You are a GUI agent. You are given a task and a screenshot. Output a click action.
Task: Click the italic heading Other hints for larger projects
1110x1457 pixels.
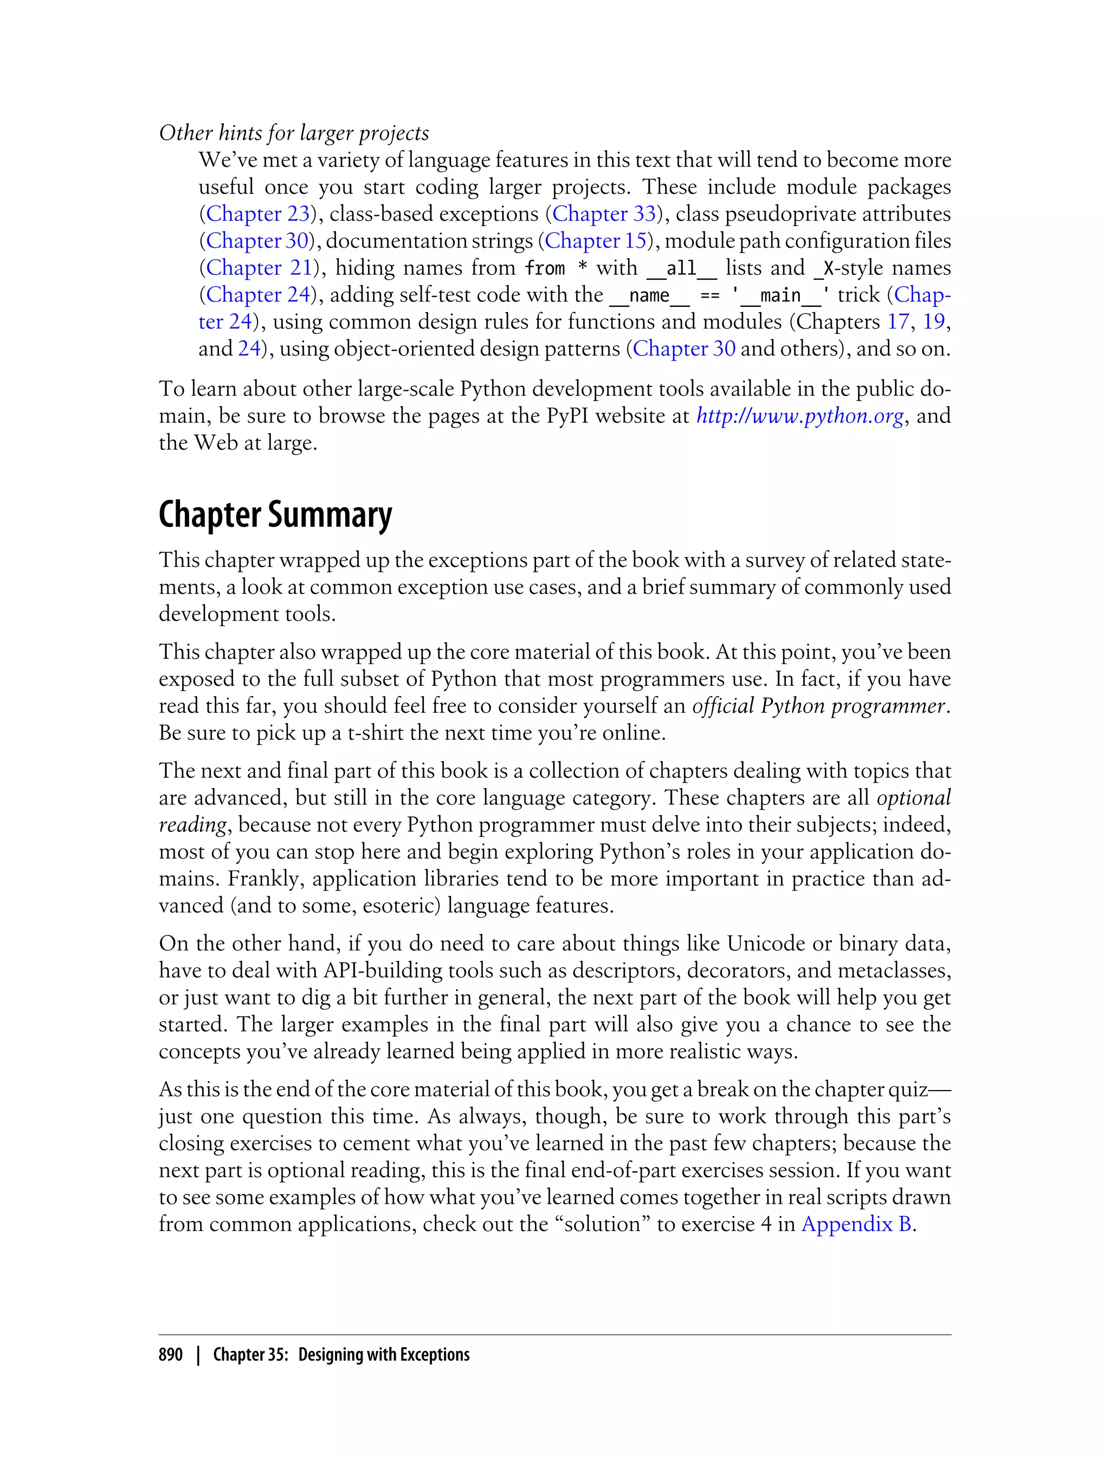pos(293,133)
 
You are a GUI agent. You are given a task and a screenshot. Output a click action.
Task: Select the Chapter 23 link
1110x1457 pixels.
pos(257,214)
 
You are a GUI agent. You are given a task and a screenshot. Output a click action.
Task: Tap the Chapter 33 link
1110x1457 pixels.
pos(604,214)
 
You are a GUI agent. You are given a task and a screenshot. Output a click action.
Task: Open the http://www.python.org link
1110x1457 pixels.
pos(800,416)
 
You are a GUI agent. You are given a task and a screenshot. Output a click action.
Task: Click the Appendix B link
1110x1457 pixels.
pos(856,1224)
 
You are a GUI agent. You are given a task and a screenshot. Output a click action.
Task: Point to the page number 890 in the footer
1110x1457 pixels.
pos(171,1354)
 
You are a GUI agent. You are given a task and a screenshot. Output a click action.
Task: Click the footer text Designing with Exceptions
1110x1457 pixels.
pos(383,1354)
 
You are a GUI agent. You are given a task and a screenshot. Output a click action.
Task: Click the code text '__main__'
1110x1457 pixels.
pos(780,295)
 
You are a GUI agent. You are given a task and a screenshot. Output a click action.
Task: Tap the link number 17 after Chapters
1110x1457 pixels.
pos(898,322)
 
